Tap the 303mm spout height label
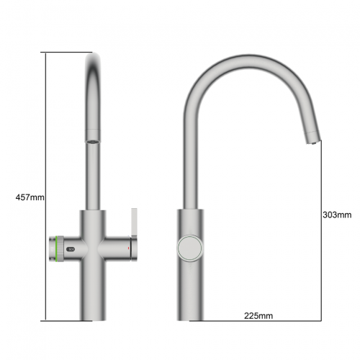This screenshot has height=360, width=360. (337, 214)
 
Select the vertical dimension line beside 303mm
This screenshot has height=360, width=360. (320, 230)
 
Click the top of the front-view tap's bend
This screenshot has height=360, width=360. (95, 60)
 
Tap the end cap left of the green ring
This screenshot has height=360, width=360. (50, 248)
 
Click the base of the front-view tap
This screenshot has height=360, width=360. (95, 313)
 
